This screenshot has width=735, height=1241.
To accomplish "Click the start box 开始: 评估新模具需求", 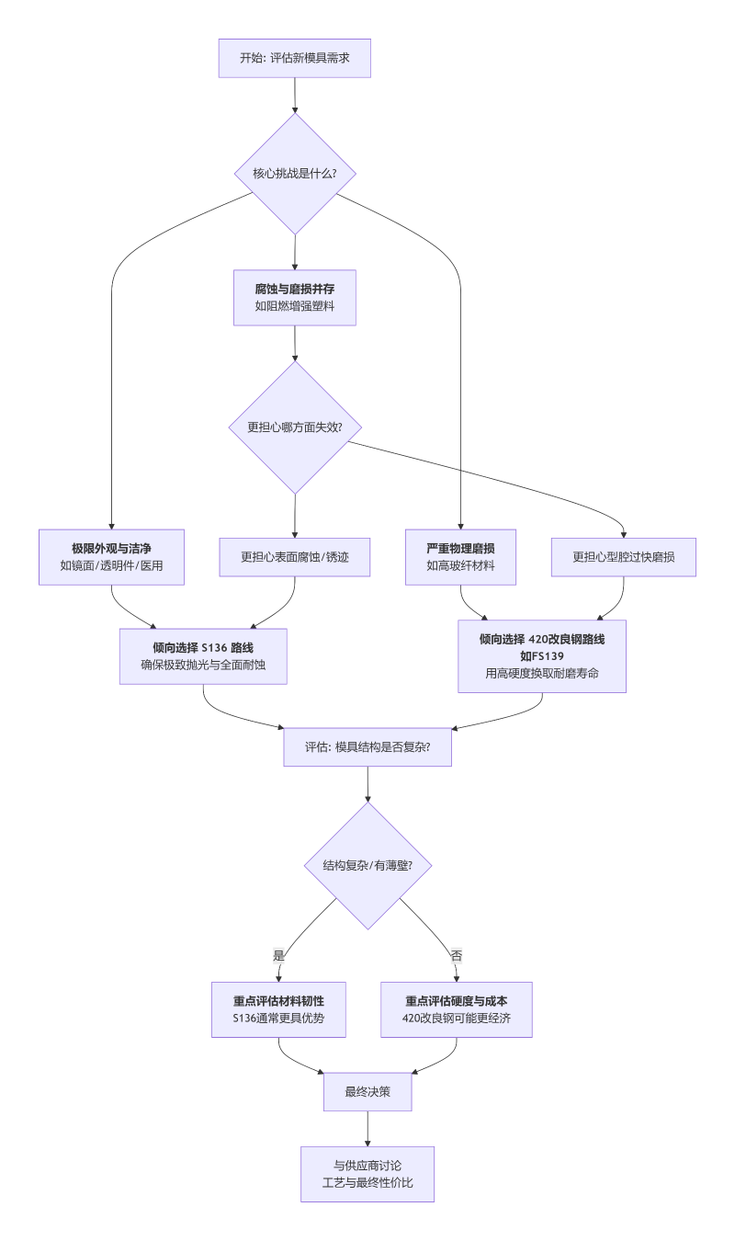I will point(294,58).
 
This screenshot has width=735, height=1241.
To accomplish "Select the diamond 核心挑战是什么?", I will point(294,173).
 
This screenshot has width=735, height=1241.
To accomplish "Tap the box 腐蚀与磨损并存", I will point(294,297).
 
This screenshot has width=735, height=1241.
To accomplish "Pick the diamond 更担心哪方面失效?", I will point(294,427).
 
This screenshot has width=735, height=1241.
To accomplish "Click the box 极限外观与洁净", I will point(111,557).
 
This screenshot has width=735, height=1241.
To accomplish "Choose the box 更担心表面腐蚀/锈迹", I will point(294,557).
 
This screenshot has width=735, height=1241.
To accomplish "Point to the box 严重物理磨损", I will point(460,557).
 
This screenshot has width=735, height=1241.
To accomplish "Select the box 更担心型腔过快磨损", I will point(624,557).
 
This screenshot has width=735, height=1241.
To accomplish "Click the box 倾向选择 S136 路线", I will point(203,656).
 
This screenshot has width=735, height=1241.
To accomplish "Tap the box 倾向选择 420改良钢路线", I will point(542,655).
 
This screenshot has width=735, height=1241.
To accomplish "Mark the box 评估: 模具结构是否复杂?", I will point(367,747).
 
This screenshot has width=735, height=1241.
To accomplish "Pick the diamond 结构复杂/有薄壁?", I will point(367,865).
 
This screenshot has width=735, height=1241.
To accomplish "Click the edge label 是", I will point(278,955).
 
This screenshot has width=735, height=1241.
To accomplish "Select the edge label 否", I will point(457,955).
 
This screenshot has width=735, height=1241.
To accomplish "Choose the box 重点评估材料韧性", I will point(278,1009).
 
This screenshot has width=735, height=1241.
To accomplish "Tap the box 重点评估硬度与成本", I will point(457,1009).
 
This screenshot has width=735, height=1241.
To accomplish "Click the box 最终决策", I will point(367,1092).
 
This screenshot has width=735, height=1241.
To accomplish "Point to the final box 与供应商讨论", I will point(367,1174).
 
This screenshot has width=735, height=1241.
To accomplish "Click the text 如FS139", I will point(542,656).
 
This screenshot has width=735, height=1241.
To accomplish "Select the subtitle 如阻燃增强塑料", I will point(294,306).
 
